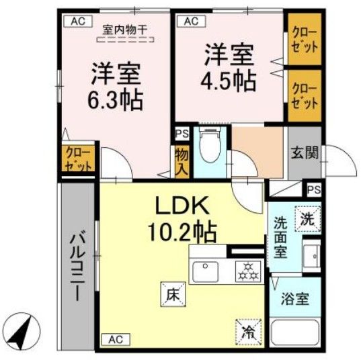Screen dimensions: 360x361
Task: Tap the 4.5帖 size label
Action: [x=228, y=81]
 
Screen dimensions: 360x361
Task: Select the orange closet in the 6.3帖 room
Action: [x=78, y=161]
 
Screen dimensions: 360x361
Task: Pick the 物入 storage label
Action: [x=180, y=163]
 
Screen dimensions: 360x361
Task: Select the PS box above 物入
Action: [x=181, y=134]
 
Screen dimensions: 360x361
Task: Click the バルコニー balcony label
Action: [x=78, y=265]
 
